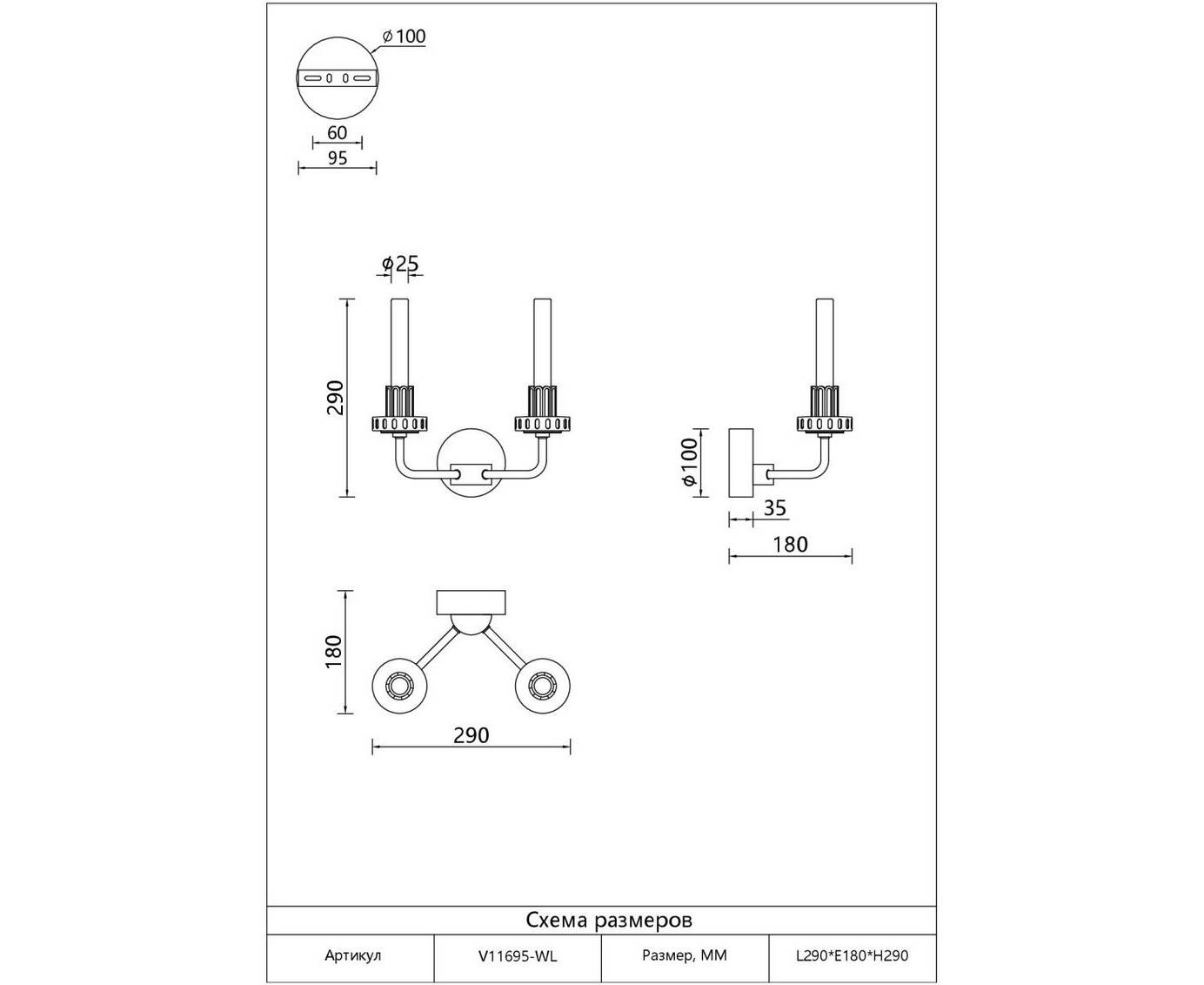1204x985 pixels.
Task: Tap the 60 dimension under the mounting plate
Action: (338, 133)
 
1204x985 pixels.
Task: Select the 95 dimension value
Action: (338, 157)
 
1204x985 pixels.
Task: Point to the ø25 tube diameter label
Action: (400, 263)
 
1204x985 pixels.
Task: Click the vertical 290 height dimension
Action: (336, 398)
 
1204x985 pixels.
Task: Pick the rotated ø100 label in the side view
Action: (689, 462)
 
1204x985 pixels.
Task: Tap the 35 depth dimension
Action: (775, 508)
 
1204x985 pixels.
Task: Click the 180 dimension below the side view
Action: (790, 545)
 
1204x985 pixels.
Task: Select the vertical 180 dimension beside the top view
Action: (334, 652)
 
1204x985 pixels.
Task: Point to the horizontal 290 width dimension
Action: (472, 735)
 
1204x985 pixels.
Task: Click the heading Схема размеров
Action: (609, 920)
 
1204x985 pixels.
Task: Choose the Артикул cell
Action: (353, 956)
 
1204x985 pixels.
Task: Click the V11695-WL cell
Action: (518, 956)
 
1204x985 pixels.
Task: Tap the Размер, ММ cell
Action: (685, 955)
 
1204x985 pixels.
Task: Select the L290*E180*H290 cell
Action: (853, 956)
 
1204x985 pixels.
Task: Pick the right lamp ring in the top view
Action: (544, 687)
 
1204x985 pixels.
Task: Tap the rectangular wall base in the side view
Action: (741, 462)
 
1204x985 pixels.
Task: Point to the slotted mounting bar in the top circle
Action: (338, 78)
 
